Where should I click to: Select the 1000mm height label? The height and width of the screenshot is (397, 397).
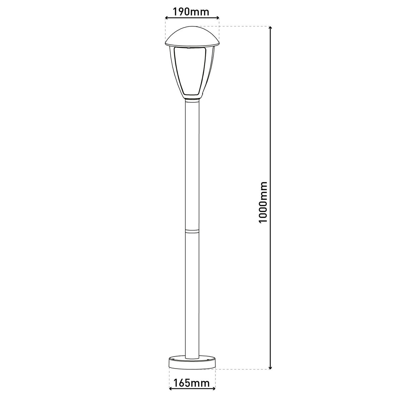(x=263, y=202)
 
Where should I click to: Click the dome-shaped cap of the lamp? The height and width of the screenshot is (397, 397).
(x=192, y=36)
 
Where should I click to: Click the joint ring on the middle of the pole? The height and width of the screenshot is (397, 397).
(x=192, y=231)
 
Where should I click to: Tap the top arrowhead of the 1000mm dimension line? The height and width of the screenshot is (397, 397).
(x=271, y=29)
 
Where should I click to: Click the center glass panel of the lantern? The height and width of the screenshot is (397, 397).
(x=192, y=71)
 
